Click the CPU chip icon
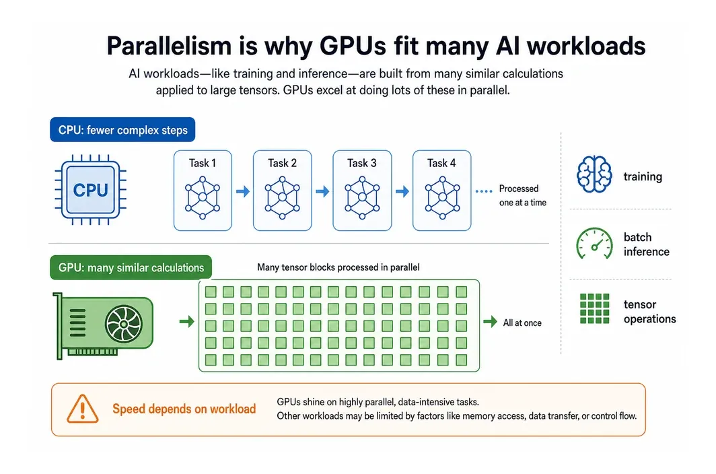click(x=90, y=190)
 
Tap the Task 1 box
click(x=203, y=190)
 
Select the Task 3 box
click(x=362, y=190)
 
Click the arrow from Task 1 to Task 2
click(x=243, y=191)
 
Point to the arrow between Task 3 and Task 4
click(x=402, y=191)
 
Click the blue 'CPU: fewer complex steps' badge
click(x=122, y=130)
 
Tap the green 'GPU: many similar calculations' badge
click(x=131, y=267)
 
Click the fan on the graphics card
click(x=124, y=324)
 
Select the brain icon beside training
click(x=594, y=174)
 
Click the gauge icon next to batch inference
click(x=594, y=244)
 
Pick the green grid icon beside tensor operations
click(x=595, y=308)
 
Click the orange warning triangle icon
click(x=83, y=409)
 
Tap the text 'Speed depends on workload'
click(x=184, y=409)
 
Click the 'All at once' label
click(x=522, y=323)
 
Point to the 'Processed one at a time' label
click(x=522, y=196)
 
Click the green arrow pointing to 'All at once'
click(x=491, y=322)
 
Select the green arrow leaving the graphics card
click(x=187, y=322)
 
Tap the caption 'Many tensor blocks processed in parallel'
click(x=338, y=267)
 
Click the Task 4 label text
click(x=441, y=163)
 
